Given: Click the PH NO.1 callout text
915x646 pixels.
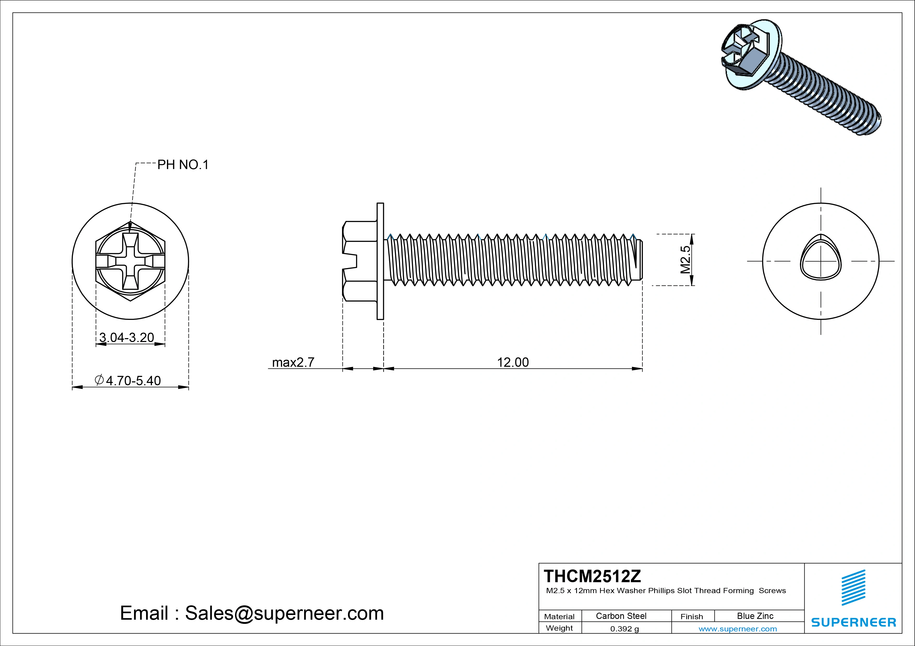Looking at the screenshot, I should (183, 165).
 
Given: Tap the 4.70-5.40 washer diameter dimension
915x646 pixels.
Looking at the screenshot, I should (133, 381).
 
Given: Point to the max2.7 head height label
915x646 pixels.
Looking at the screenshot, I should (293, 362).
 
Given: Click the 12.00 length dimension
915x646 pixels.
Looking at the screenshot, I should (513, 362).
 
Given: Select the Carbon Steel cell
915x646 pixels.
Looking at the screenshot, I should (621, 616).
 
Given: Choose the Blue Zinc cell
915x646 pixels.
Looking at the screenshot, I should (755, 616).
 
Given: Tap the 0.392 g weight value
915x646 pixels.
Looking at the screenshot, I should (624, 629).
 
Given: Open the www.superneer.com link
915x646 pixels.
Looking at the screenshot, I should (737, 629).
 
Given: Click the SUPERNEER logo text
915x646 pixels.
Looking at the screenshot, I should (853, 622).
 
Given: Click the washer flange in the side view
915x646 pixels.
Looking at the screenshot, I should (380, 261).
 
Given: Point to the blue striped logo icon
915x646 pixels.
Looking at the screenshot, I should (853, 587).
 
